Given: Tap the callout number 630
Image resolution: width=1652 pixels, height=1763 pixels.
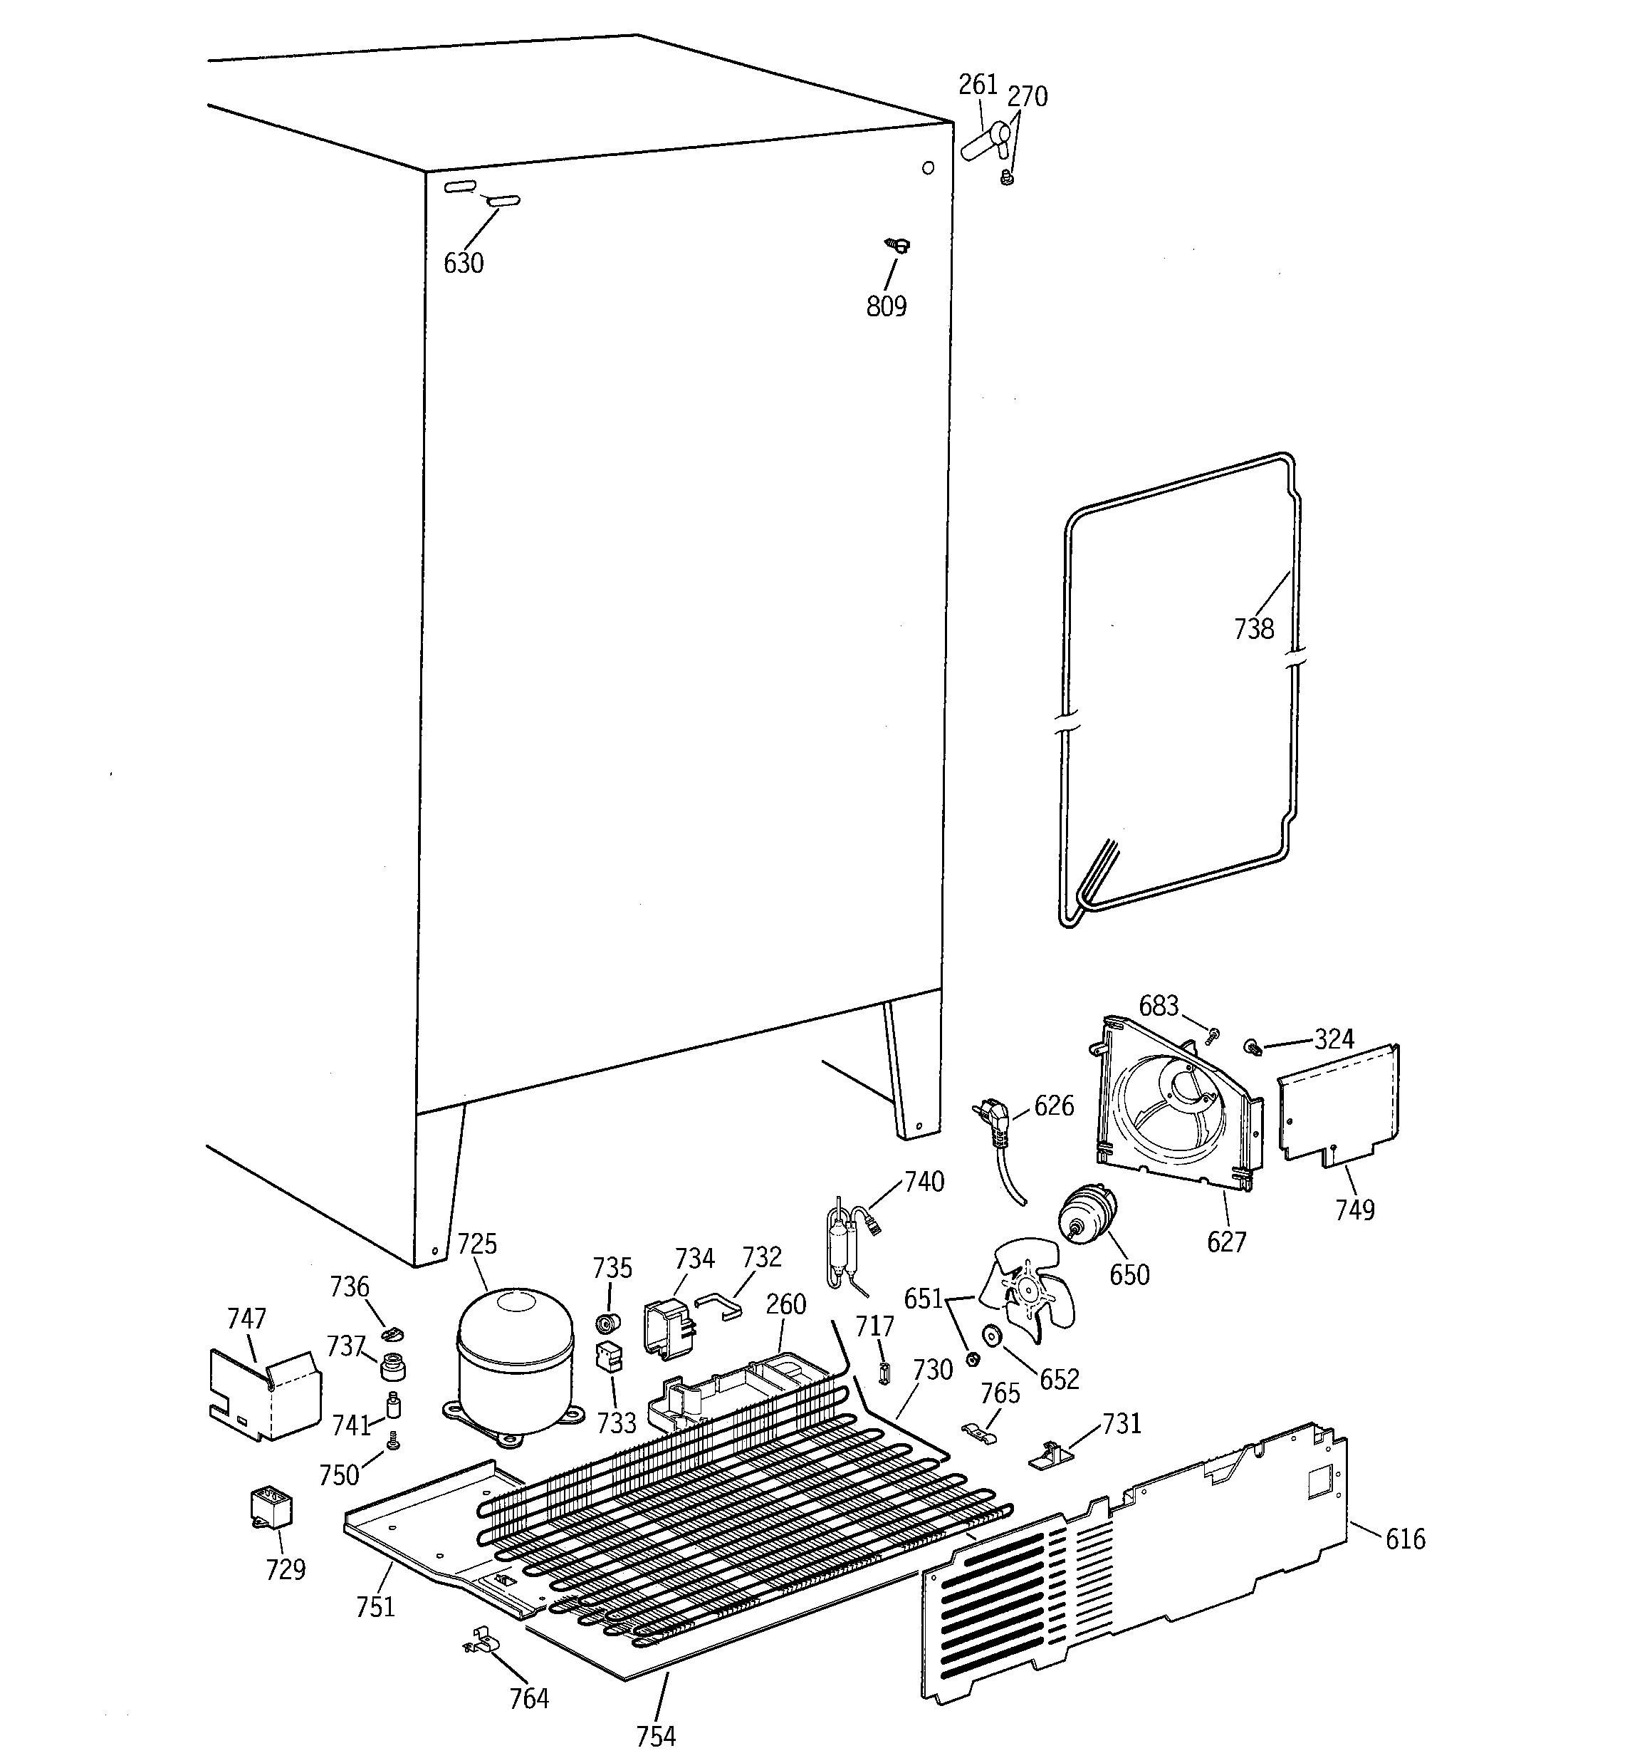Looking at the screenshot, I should [x=463, y=264].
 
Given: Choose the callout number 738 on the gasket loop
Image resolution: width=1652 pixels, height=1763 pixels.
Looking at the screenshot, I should [x=1253, y=629].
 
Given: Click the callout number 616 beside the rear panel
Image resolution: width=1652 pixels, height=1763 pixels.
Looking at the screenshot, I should [x=1405, y=1539].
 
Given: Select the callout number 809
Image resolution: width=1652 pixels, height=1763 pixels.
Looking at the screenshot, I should [x=886, y=307].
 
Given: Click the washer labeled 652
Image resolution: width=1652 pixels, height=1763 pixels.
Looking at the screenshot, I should [x=990, y=1335].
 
